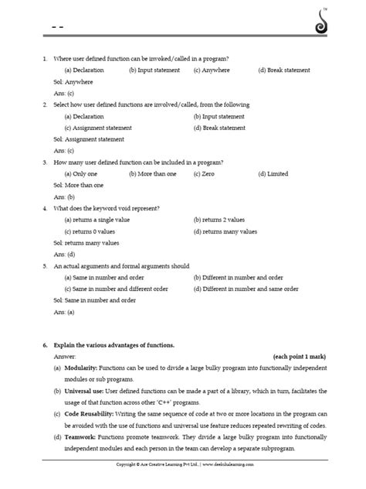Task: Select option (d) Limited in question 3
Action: (273, 174)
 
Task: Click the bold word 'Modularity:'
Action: (80, 368)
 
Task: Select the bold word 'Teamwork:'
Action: (80, 437)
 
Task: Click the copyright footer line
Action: (183, 464)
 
